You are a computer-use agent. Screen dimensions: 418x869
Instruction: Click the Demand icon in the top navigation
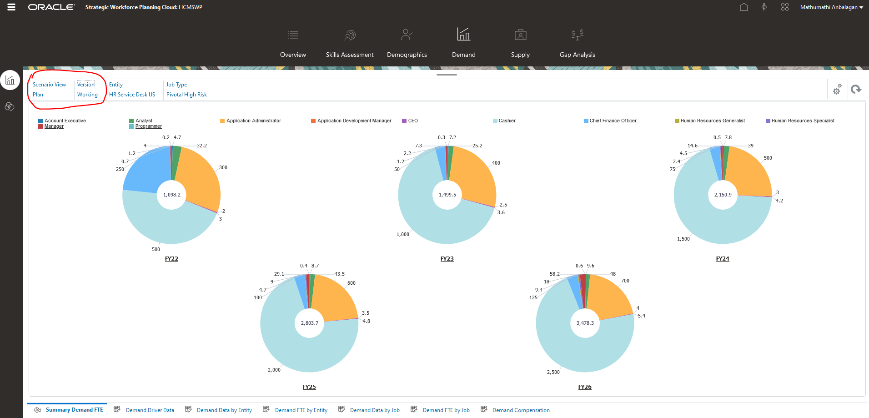(463, 35)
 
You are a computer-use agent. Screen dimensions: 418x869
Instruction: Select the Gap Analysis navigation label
(577, 55)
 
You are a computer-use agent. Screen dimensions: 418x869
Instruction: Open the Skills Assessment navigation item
(349, 55)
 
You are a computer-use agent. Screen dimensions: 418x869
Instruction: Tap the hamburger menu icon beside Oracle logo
(11, 7)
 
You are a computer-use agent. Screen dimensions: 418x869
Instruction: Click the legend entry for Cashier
(507, 121)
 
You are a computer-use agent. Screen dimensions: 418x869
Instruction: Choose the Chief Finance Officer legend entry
(613, 121)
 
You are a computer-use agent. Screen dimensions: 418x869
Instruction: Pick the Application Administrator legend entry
(253, 121)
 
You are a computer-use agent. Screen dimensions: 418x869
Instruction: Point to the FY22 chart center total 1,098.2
(171, 195)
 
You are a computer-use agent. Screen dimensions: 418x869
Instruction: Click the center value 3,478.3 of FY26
(585, 323)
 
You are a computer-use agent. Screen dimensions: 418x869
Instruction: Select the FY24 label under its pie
(722, 259)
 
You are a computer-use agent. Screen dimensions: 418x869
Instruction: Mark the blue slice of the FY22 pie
(146, 171)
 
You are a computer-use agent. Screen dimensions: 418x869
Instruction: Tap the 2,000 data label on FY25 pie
(274, 370)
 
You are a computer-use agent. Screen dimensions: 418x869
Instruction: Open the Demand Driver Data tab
(150, 410)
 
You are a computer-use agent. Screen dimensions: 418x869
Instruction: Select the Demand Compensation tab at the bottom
(521, 410)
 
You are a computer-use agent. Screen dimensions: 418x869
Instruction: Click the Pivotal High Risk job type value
(186, 95)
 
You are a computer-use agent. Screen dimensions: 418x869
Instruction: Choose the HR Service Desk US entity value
(132, 95)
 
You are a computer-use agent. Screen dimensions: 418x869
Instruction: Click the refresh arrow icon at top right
(856, 89)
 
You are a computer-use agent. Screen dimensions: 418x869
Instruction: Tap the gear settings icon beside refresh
(837, 90)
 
